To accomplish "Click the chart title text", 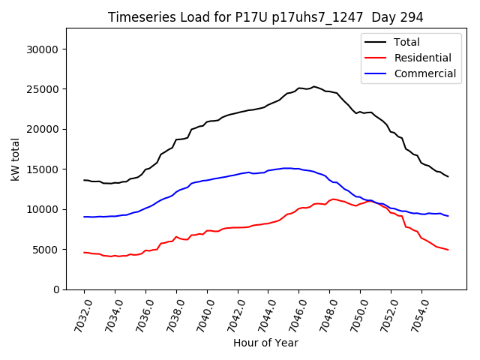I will (265, 17).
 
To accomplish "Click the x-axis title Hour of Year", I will (265, 343).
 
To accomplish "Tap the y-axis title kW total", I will (15, 159).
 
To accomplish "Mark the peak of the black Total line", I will (314, 86).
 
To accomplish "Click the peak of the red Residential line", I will (333, 199).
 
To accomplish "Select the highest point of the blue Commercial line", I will (287, 168).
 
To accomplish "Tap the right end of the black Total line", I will (448, 176).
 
